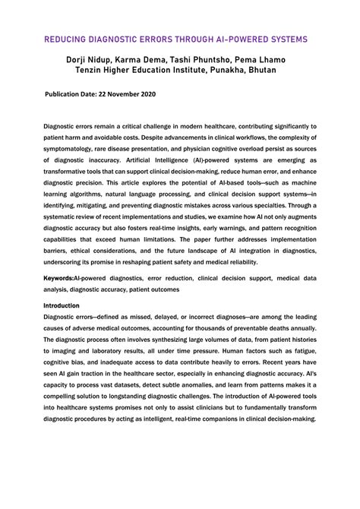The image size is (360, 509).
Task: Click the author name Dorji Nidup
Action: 90,58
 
